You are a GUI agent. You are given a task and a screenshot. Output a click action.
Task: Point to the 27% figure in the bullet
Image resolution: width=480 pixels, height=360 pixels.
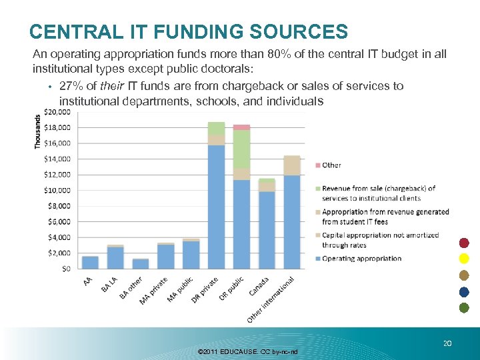coord(70,86)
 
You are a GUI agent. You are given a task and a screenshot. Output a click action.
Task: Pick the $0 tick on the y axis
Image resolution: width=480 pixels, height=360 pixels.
coord(66,269)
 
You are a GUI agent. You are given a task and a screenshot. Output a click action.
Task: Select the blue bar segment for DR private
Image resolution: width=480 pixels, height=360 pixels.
coord(216,207)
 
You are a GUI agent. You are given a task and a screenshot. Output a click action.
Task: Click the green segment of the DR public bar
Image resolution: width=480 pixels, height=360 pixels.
coord(241,149)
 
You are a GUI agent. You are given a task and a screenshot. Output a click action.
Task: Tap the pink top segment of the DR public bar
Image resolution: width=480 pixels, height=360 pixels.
coord(241,127)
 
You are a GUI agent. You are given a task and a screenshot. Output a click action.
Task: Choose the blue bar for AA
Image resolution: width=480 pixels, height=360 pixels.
coord(90,262)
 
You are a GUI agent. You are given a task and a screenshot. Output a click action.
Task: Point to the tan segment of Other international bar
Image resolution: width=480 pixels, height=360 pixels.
coord(292,165)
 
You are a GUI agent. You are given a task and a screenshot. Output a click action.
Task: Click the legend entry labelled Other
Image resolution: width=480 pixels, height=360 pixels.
coord(331,165)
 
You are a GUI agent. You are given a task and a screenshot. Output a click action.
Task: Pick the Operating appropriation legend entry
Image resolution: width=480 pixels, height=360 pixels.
coord(361,259)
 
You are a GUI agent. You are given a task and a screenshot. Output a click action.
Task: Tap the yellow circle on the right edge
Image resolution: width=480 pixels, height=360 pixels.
coord(464,259)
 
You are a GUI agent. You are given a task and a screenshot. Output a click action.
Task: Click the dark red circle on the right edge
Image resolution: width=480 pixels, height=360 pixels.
coord(464,243)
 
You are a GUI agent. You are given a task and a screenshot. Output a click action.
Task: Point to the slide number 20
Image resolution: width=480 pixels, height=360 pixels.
coord(447,343)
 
